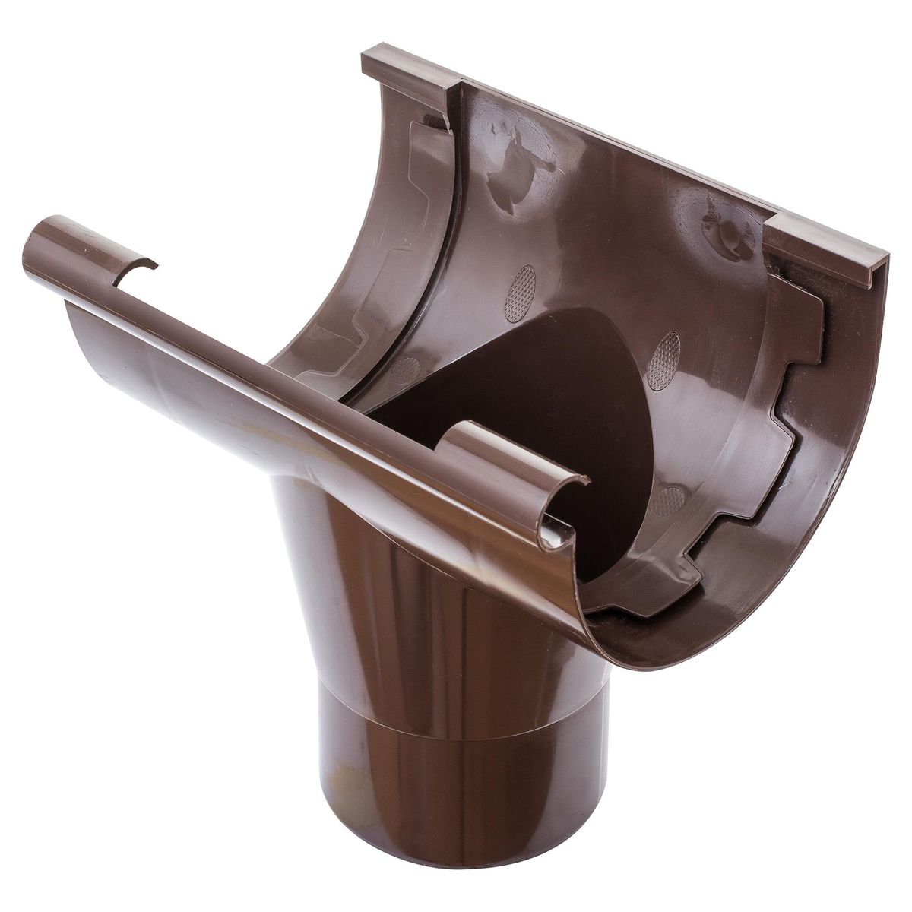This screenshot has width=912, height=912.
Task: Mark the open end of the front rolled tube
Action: tap(38, 232)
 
